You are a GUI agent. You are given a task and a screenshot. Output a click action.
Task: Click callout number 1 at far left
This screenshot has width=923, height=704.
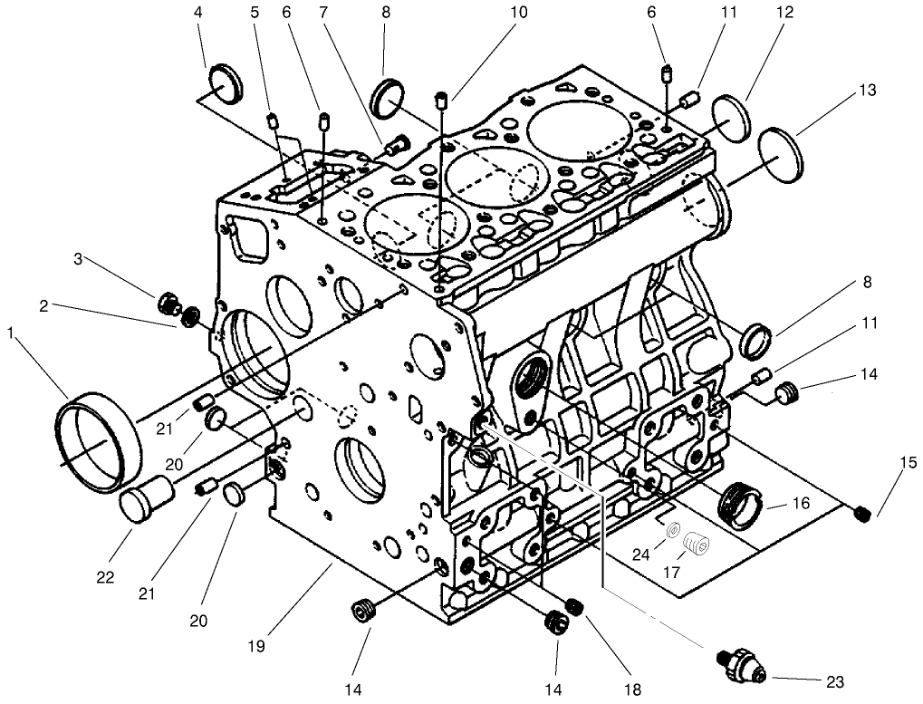coord(11,333)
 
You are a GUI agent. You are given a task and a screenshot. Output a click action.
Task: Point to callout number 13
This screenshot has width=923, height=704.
coord(868,90)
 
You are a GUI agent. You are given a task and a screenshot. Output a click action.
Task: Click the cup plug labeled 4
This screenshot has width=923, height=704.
coord(226,85)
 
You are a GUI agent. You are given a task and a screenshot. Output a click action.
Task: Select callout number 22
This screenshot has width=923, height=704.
coord(105,576)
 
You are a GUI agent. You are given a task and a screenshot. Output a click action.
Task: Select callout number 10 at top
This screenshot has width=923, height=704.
coord(517,14)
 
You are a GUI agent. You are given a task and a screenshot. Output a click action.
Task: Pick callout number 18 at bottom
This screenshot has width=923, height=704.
coord(633,690)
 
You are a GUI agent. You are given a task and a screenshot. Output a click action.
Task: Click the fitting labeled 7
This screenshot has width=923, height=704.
coord(396,144)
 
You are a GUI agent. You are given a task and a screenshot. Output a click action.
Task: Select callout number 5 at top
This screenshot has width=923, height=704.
coord(255,14)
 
